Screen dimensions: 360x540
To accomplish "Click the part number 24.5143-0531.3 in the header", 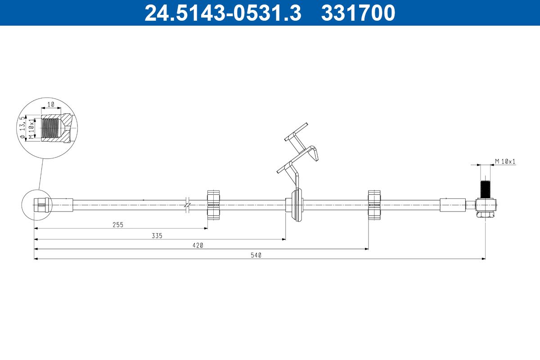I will click(x=222, y=13).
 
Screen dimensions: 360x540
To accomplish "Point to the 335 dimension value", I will click(x=157, y=235).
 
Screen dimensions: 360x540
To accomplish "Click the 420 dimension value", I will click(x=198, y=245).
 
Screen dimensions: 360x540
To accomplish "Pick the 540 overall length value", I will click(x=256, y=255).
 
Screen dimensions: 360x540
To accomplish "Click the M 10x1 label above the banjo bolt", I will click(x=505, y=161).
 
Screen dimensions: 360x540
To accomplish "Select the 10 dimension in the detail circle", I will click(x=51, y=104).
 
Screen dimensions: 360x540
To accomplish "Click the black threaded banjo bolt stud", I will click(x=485, y=189).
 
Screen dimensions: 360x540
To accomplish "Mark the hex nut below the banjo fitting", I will click(x=485, y=216).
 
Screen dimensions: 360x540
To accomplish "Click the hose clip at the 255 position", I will click(x=214, y=205).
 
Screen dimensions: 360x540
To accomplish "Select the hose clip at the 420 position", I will click(x=375, y=205).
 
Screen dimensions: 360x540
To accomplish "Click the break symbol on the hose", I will click(x=187, y=205).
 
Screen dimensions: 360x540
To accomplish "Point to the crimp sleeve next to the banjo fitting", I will click(x=452, y=205).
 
